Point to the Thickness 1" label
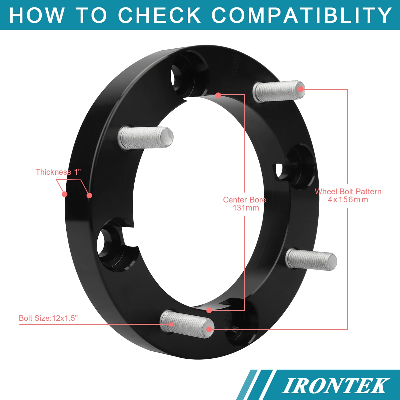[58, 172]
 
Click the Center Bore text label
[244, 200]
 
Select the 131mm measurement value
[246, 208]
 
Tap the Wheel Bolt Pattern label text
[348, 192]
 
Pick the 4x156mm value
[348, 200]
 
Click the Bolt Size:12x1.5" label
[48, 318]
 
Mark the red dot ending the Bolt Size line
[171, 324]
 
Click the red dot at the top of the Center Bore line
[218, 95]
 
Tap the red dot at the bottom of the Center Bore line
[209, 310]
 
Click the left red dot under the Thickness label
[65, 194]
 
